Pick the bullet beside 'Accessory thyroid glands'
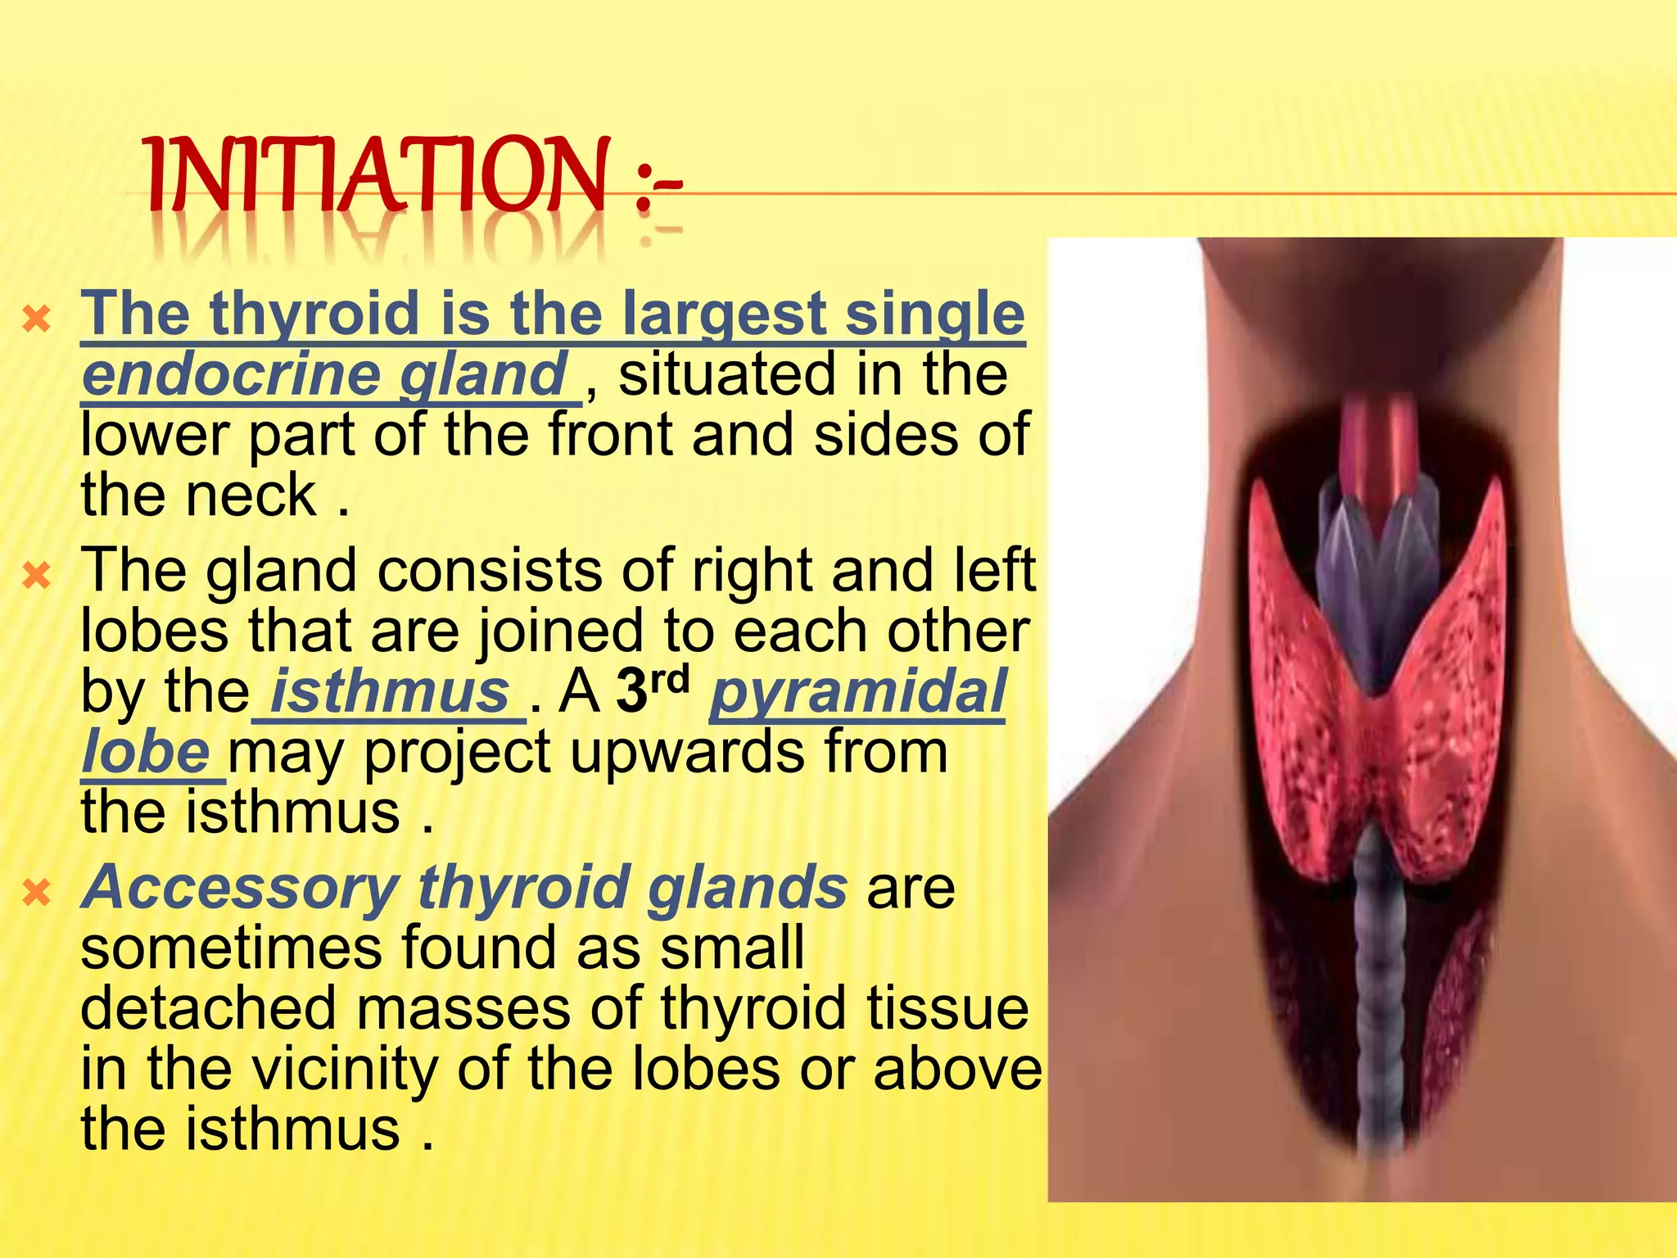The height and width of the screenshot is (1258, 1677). tap(37, 892)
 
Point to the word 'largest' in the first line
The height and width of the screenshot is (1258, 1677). tap(724, 314)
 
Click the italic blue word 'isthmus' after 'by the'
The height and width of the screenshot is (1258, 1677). tap(390, 692)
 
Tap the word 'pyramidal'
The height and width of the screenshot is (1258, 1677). tap(857, 692)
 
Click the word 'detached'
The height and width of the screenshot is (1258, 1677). tap(208, 1009)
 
